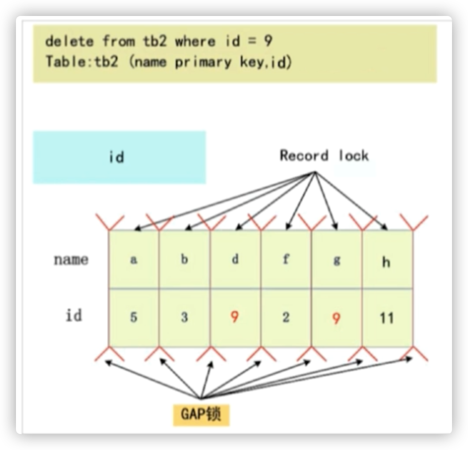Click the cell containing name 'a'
pyautogui.click(x=134, y=260)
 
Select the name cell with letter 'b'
pyautogui.click(x=184, y=260)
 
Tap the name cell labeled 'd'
pyautogui.click(x=235, y=260)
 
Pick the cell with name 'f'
pyautogui.click(x=286, y=260)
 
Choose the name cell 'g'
pyautogui.click(x=337, y=260)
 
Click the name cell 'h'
pyautogui.click(x=386, y=261)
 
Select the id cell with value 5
pyautogui.click(x=134, y=318)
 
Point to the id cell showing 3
pyautogui.click(x=184, y=318)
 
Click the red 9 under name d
pyautogui.click(x=235, y=318)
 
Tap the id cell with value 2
pyautogui.click(x=286, y=318)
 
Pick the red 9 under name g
pyautogui.click(x=337, y=318)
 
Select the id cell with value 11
pyautogui.click(x=387, y=318)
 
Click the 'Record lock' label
pyautogui.click(x=324, y=156)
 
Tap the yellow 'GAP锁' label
pyautogui.click(x=201, y=414)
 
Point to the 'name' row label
pyautogui.click(x=71, y=260)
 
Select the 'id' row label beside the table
pyautogui.click(x=74, y=316)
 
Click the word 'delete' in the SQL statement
pyautogui.click(x=70, y=42)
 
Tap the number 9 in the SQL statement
pyautogui.click(x=267, y=42)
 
